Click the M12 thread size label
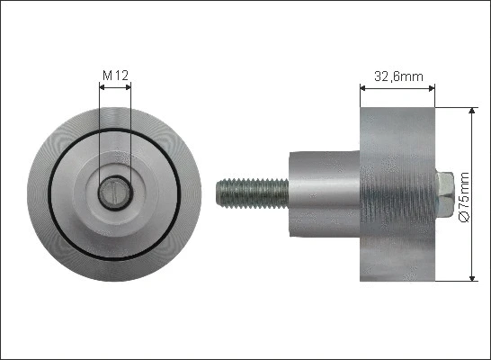click(x=113, y=76)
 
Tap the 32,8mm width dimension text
click(x=397, y=76)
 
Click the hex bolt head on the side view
click(x=444, y=193)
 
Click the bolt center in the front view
click(x=114, y=191)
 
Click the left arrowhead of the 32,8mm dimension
click(x=364, y=88)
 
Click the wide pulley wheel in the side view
click(x=397, y=193)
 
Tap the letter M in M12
click(x=105, y=76)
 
